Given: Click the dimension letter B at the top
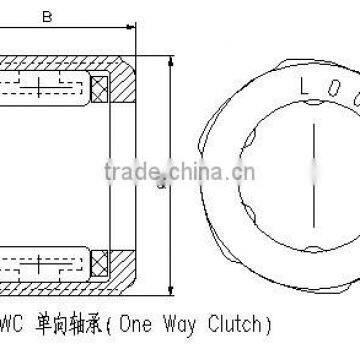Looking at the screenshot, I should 46,17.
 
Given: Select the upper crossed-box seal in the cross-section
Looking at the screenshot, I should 99,89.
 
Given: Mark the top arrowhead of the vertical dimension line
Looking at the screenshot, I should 169,62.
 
